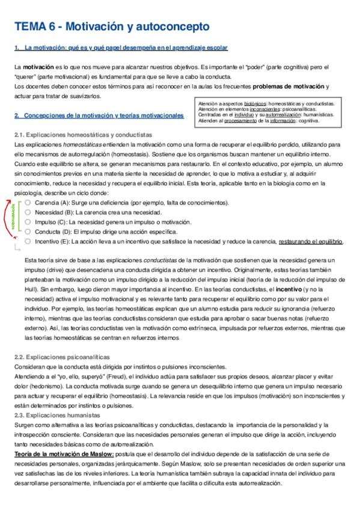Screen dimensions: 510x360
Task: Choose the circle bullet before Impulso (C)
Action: (x=28, y=222)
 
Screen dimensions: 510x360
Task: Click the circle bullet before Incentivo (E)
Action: (x=28, y=241)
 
